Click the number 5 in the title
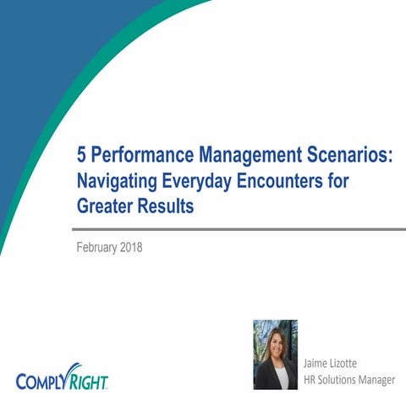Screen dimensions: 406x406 click(82, 156)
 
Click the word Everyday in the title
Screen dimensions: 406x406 click(205, 180)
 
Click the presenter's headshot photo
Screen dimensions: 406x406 click(275, 354)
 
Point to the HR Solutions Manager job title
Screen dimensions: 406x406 click(348, 380)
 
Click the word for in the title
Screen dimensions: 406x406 click(337, 180)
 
